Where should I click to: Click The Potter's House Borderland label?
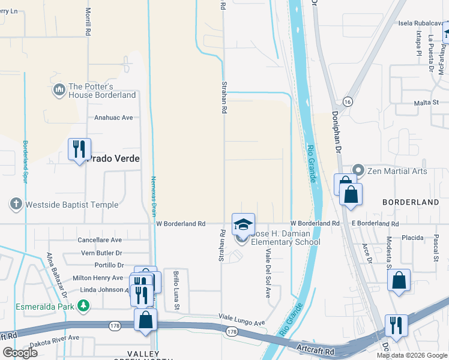pyautogui.click(x=102, y=91)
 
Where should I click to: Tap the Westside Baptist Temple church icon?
pyautogui.click(x=17, y=205)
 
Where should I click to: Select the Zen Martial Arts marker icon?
pyautogui.click(x=359, y=171)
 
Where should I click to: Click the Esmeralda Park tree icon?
pyautogui.click(x=84, y=306)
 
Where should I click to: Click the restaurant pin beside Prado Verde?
pyautogui.click(x=79, y=149)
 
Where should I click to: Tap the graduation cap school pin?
pyautogui.click(x=243, y=224)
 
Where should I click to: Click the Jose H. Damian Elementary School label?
pyautogui.click(x=285, y=238)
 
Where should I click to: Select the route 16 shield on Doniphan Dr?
pyautogui.click(x=348, y=101)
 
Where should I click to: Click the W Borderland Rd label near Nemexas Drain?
pyautogui.click(x=181, y=223)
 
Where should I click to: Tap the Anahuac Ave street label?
pyautogui.click(x=113, y=118)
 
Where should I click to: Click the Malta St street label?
pyautogui.click(x=427, y=103)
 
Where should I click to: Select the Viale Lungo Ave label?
pyautogui.click(x=241, y=323)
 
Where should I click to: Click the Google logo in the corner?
pyautogui.click(x=20, y=353)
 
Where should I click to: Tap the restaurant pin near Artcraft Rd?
pyautogui.click(x=396, y=325)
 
